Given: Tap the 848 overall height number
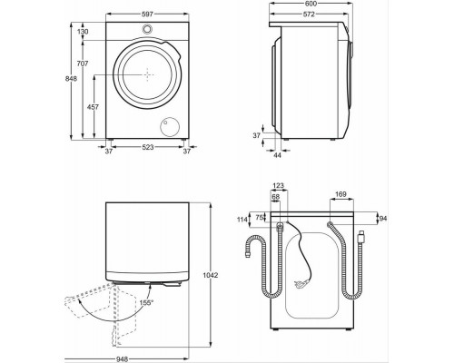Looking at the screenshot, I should coord(71,78).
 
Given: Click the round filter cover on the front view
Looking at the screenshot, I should coord(167,125).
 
